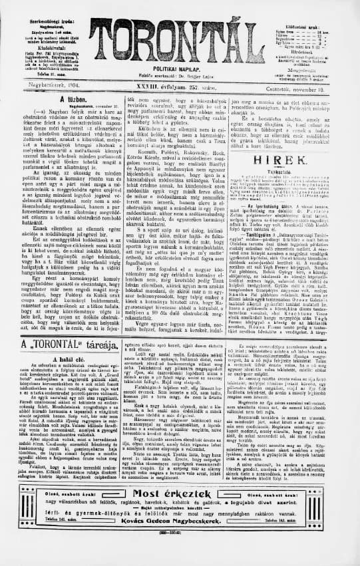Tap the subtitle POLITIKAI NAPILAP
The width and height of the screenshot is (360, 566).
[179, 69]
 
